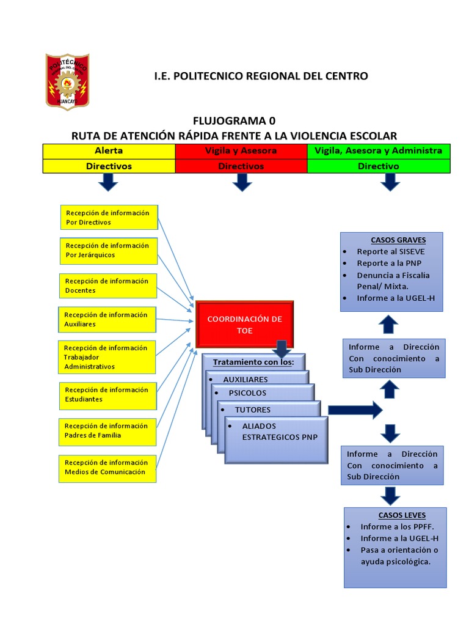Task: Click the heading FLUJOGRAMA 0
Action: coord(230,120)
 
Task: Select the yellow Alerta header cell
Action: coord(109,150)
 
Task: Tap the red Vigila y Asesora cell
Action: coord(241,150)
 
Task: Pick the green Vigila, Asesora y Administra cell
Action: coord(378,150)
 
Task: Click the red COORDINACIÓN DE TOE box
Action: coord(244,325)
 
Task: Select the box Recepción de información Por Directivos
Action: coord(109,218)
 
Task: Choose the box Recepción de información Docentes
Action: coord(108,285)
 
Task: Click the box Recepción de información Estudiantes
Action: coord(108,394)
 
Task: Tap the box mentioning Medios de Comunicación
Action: coord(107,467)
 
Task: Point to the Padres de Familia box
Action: coord(107,430)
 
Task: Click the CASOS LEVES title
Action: coord(402,515)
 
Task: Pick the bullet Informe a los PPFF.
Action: coord(393,526)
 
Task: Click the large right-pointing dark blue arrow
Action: coord(354,410)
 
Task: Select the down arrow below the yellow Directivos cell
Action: coord(109,182)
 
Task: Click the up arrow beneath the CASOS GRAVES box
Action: coord(389,325)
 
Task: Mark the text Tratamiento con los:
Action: coord(253,362)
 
